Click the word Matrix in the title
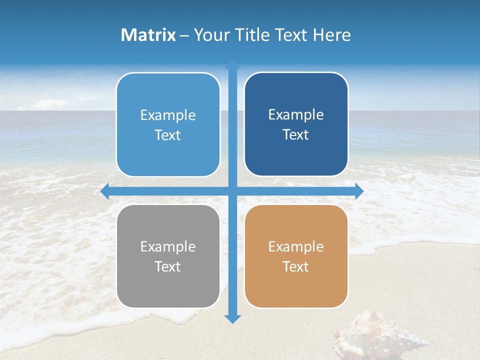[x=148, y=35]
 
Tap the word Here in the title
[x=332, y=35]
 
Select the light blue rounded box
[x=168, y=125]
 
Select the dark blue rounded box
[x=296, y=124]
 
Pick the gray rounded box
[x=168, y=256]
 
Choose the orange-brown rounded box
[x=296, y=256]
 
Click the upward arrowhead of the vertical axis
[x=232, y=64]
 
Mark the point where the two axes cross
[x=232, y=191]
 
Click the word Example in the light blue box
[x=168, y=115]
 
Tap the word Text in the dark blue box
[x=296, y=135]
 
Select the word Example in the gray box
[x=168, y=246]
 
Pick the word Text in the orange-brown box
[x=296, y=266]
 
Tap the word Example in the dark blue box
[x=296, y=115]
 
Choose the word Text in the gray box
[x=168, y=266]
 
